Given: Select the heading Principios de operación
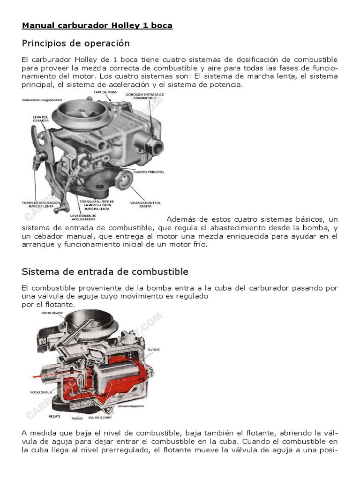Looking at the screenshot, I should (75, 43).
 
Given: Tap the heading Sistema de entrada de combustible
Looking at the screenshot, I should (105, 271).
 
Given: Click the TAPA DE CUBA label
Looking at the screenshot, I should (105, 93).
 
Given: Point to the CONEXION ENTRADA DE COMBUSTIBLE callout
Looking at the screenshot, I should (145, 96).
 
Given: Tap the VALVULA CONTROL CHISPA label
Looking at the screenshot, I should (145, 205).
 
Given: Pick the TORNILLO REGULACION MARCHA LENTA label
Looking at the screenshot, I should (41, 205).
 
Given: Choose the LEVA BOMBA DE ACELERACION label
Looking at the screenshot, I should (82, 217).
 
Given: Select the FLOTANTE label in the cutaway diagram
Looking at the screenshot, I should (154, 349).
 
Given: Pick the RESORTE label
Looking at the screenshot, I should (54, 415).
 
